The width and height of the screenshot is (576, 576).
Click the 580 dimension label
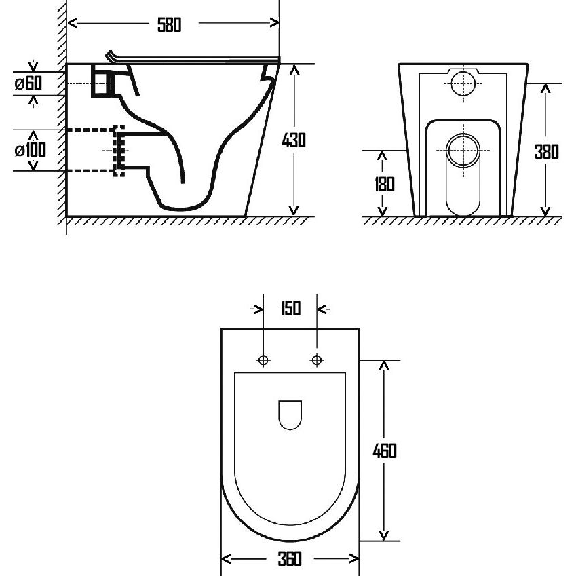coord(170,25)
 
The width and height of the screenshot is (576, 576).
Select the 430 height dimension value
coord(294,140)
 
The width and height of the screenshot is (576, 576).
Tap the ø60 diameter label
coord(28,83)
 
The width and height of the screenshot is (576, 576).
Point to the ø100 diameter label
coord(30,150)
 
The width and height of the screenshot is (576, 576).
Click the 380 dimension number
coord(547,152)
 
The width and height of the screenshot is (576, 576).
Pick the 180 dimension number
coord(384,185)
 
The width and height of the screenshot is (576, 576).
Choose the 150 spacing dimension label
coord(290,309)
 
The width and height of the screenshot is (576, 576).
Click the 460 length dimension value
coord(385,450)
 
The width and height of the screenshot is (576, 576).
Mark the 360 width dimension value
coord(290,559)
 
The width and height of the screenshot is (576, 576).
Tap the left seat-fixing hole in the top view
coord(263,360)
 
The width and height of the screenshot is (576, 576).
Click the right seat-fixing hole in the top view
coord(317,360)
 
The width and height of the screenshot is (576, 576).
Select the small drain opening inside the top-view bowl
coord(290,415)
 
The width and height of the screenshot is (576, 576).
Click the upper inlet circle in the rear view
coord(463,83)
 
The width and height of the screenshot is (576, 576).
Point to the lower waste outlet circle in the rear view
coord(463,151)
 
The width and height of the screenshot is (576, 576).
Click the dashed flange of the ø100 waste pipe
coord(119,151)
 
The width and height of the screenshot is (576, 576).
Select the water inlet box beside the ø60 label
coord(103,81)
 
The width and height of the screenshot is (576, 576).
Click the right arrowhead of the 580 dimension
coord(274,23)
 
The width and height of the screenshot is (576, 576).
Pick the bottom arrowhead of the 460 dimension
coord(384,535)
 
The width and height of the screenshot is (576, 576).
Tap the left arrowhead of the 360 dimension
coord(226,559)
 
